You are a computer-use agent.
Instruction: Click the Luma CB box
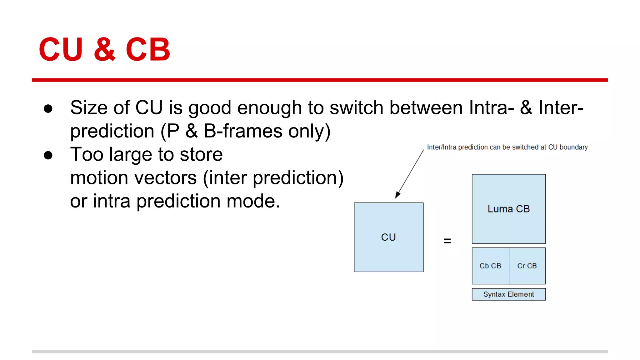pyautogui.click(x=508, y=209)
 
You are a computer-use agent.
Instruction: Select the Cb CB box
pyautogui.click(x=490, y=266)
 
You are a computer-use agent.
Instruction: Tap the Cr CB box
pyautogui.click(x=527, y=266)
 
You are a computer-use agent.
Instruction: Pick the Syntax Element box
pyautogui.click(x=508, y=294)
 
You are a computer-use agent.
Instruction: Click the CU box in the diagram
pyautogui.click(x=388, y=237)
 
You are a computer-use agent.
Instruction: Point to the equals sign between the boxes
pyautogui.click(x=447, y=241)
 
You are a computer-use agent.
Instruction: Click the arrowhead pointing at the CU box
pyautogui.click(x=397, y=195)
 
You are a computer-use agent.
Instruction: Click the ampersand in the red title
pyautogui.click(x=104, y=49)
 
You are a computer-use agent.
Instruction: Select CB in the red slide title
pyautogui.click(x=148, y=49)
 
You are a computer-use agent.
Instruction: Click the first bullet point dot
pyautogui.click(x=48, y=109)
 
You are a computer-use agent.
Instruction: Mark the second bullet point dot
pyautogui.click(x=48, y=155)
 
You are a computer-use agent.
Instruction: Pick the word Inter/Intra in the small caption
pyautogui.click(x=442, y=147)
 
